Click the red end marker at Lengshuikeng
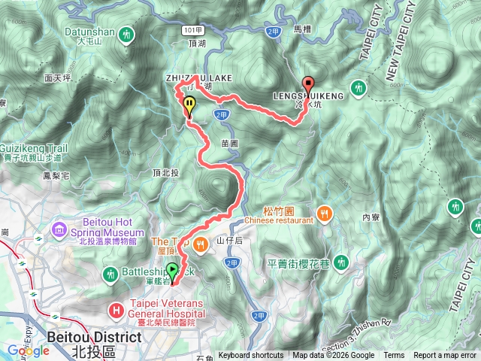coord(308,85)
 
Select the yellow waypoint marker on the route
coord(188,106)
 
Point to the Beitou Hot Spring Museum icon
coord(59,228)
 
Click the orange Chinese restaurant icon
coord(324,212)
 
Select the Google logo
coord(28,350)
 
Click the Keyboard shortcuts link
coord(251,356)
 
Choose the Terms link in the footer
coord(394,356)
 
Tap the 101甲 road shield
coord(192,29)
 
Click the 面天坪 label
coord(57,77)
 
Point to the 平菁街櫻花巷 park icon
coord(342,262)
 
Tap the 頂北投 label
coord(165,172)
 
